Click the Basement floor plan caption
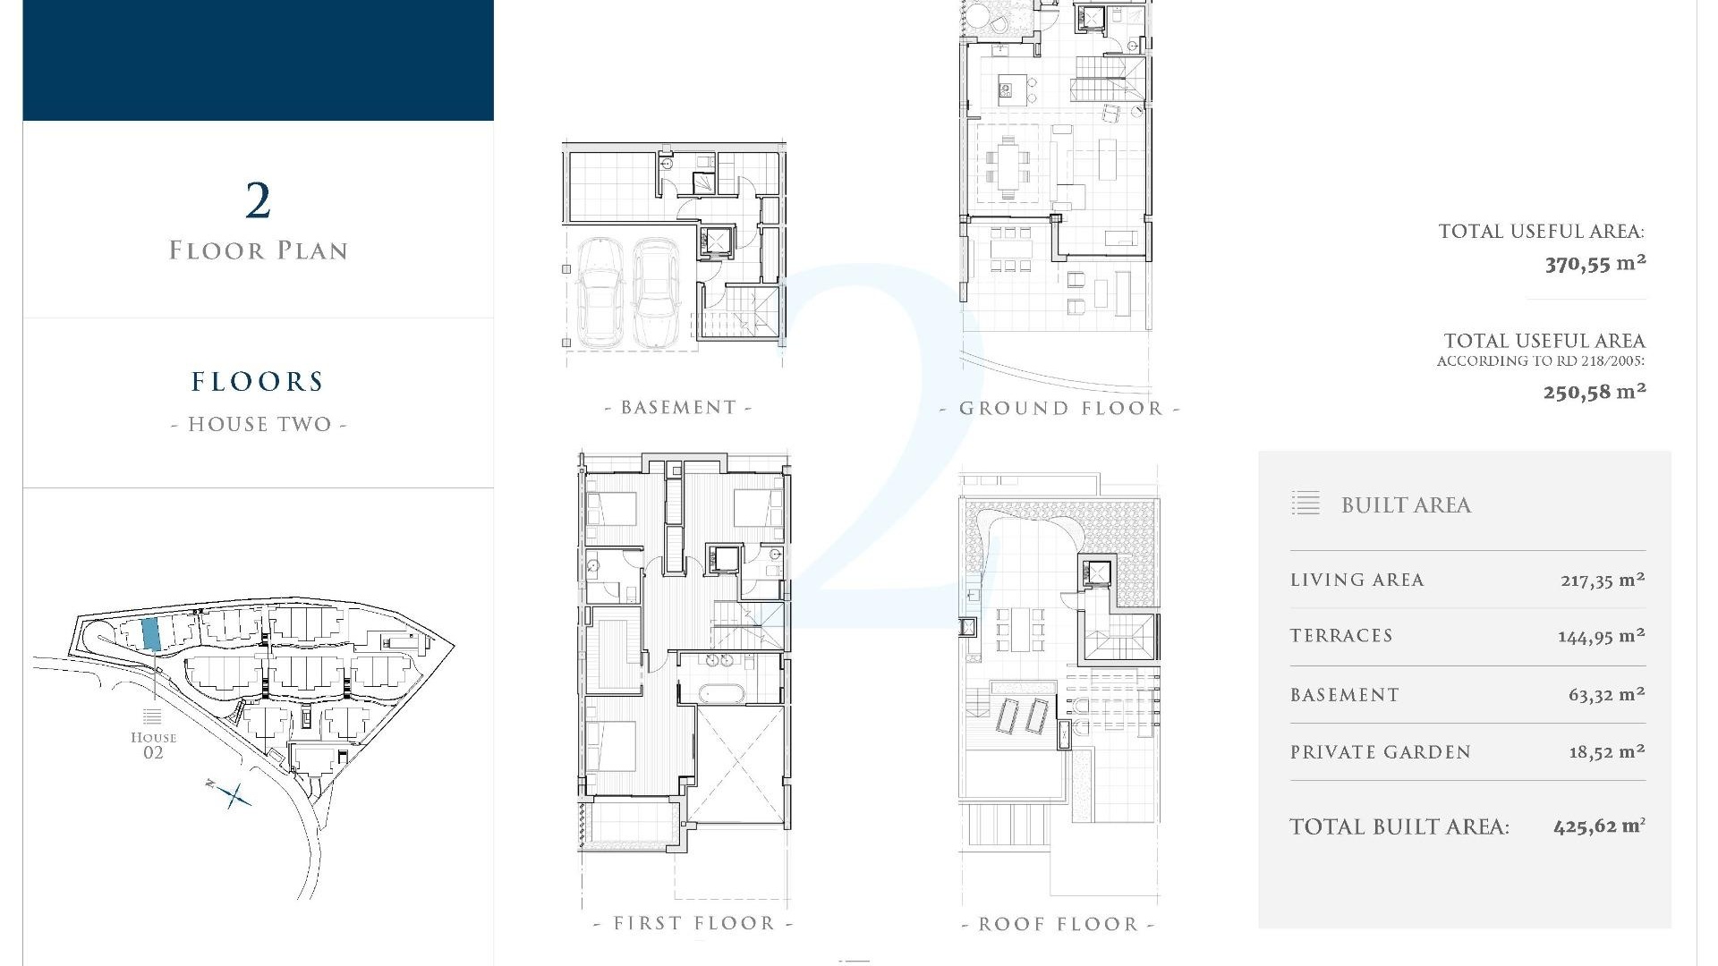pos(678,408)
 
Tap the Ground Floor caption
pos(1060,409)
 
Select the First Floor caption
pos(693,923)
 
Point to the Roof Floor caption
pos(1058,924)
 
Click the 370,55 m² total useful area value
pos(1595,264)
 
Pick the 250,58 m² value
pos(1595,392)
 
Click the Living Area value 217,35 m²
pos(1602,580)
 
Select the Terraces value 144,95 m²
pos(1601,636)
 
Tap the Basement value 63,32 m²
pos(1606,695)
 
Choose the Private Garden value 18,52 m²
pos(1606,752)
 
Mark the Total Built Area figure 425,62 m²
pos(1599,826)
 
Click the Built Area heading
pos(1406,505)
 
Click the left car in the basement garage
pos(600,291)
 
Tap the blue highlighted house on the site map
pos(151,633)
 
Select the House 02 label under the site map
pos(153,744)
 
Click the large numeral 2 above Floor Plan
pos(258,200)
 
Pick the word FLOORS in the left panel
pos(258,382)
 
